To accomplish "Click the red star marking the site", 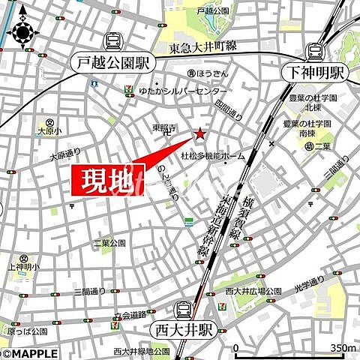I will [x=200, y=134].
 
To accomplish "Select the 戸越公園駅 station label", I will [x=115, y=63].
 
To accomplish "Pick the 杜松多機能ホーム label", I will [x=213, y=156].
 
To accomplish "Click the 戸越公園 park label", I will [x=211, y=11].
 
